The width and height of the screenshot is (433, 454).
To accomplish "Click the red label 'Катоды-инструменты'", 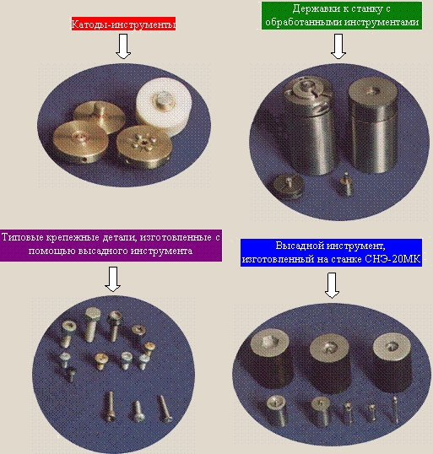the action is (124, 24).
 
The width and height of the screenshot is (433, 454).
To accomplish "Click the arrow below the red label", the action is (123, 46).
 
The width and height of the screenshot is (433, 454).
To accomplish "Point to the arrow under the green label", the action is (338, 46).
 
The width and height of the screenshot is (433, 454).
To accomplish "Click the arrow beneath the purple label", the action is (112, 279).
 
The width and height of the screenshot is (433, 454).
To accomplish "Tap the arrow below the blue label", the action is (332, 285).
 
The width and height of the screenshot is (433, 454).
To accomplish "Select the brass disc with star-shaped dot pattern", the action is (144, 147).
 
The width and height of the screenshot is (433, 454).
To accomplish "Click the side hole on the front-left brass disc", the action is (84, 159).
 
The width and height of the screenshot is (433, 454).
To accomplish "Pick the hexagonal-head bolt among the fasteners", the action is (93, 324).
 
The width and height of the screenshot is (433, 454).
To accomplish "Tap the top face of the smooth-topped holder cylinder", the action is (372, 91).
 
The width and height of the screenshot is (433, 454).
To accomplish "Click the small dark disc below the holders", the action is (289, 186).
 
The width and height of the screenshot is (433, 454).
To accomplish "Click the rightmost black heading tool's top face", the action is (392, 349).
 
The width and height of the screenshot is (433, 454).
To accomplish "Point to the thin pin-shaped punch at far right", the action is (395, 410).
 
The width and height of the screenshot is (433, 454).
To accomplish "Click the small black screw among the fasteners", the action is (70, 375).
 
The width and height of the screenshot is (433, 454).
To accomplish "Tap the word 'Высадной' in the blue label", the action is (298, 246).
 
